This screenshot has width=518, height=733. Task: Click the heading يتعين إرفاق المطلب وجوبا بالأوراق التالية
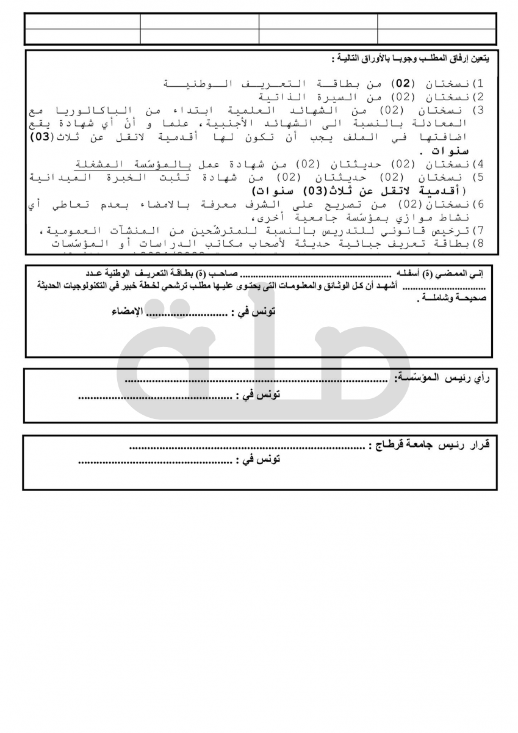click(409, 59)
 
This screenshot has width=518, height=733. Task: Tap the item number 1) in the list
click(479, 83)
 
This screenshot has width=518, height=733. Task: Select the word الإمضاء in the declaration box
click(126, 312)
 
